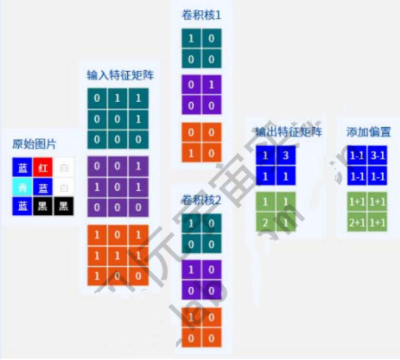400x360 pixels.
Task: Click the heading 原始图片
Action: (34, 143)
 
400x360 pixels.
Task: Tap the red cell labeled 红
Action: (43, 168)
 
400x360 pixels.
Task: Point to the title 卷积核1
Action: (201, 15)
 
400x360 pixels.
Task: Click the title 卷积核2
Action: (201, 199)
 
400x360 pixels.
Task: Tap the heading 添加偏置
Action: (368, 131)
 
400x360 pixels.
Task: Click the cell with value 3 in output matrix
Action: (286, 156)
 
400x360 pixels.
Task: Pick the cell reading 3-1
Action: (378, 156)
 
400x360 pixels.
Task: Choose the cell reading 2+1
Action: (357, 222)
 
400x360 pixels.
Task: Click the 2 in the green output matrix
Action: (266, 222)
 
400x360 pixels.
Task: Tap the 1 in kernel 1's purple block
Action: (211, 85)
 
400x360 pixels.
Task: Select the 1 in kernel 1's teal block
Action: (191, 38)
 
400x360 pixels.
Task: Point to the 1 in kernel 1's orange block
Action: (191, 153)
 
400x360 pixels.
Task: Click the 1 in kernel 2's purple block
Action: (191, 270)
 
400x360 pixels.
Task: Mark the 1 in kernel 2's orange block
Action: (191, 317)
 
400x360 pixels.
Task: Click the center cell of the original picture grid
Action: (43, 187)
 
